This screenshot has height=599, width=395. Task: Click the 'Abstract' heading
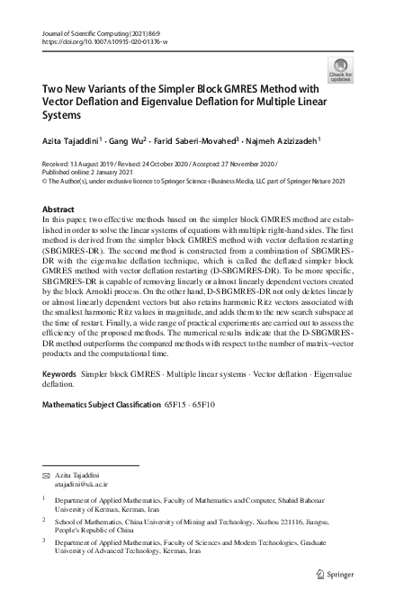pos(59,208)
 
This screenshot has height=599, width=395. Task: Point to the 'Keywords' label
pos(59,371)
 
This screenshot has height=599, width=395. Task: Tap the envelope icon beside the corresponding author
pos(47,473)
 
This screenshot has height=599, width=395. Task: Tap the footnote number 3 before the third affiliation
pos(46,543)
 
